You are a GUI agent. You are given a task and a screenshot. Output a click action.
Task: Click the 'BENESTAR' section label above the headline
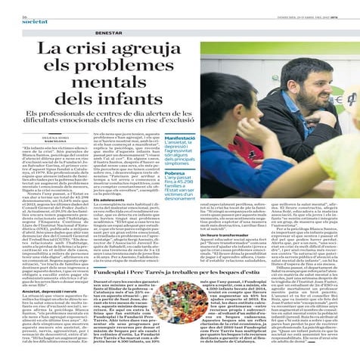pos(110,33)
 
